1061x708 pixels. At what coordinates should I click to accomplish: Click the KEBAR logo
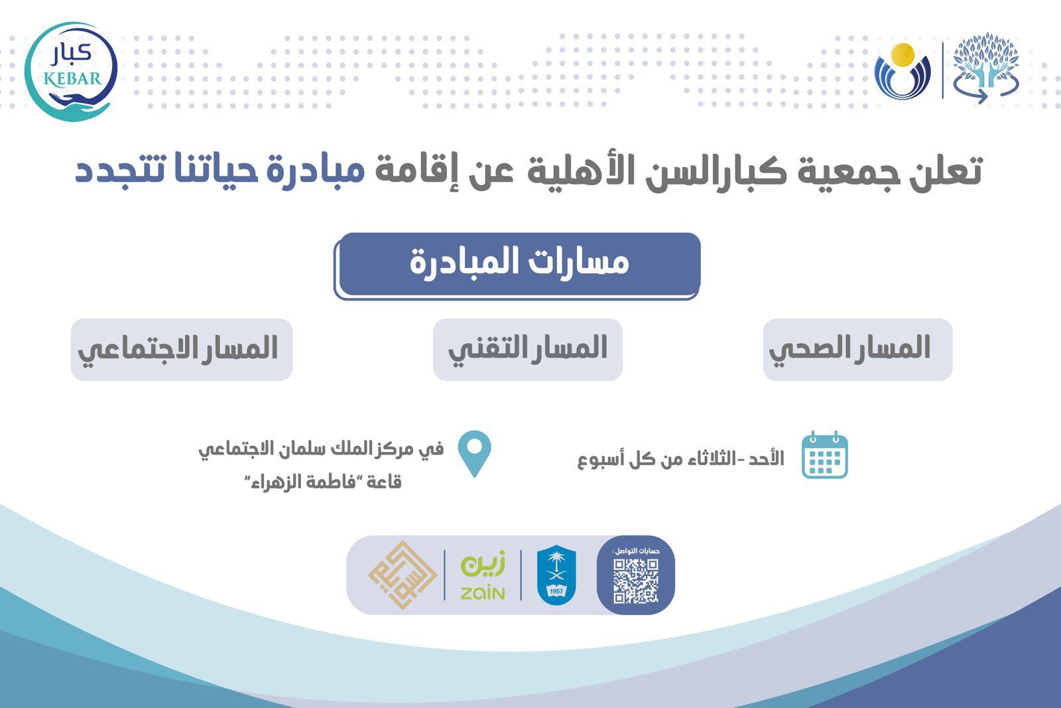point(71,72)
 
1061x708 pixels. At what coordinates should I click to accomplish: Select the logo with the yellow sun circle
point(903,71)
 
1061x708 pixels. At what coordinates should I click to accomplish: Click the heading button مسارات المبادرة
point(517,266)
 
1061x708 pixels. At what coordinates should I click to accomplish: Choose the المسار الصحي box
point(858,349)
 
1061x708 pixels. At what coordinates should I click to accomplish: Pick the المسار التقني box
point(528,349)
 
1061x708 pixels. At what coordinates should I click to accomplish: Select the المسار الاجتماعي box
point(182,349)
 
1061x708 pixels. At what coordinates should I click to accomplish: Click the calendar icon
point(825,455)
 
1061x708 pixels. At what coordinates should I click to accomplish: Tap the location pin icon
point(475,453)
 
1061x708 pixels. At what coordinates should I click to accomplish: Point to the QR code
point(636,581)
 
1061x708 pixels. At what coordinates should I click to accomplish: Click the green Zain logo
point(483,575)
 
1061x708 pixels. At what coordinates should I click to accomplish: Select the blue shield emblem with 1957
point(556,575)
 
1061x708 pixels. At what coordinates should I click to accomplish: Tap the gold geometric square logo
point(403,575)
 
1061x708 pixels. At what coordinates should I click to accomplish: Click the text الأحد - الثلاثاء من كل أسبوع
point(680,459)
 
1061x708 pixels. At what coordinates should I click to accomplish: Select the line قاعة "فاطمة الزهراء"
point(323,482)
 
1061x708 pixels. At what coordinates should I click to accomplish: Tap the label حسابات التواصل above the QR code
point(636,551)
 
